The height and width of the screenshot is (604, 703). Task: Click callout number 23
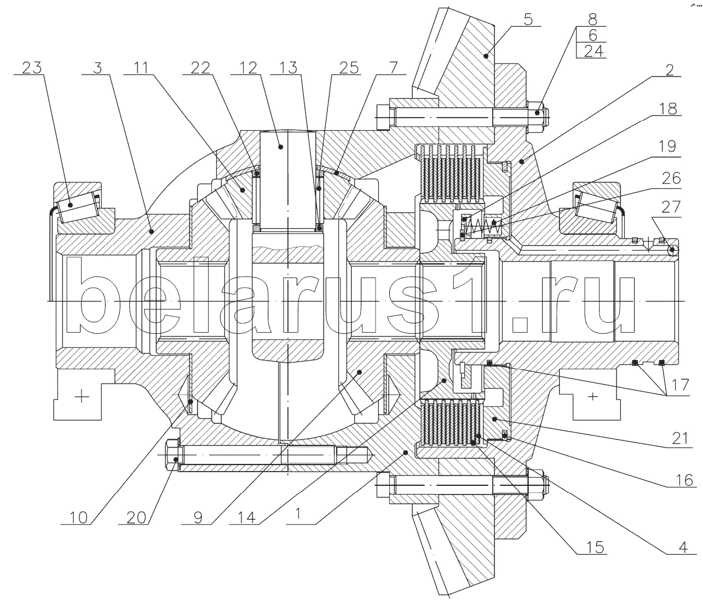pos(32,68)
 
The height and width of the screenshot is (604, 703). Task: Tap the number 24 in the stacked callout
pos(593,51)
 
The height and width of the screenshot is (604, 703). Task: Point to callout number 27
pos(671,207)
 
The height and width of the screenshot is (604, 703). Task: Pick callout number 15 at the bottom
pos(595,547)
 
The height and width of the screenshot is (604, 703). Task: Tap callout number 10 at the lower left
pos(78,518)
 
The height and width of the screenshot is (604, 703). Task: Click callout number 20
pos(136,518)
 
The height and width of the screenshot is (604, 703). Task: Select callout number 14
pos(246,518)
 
